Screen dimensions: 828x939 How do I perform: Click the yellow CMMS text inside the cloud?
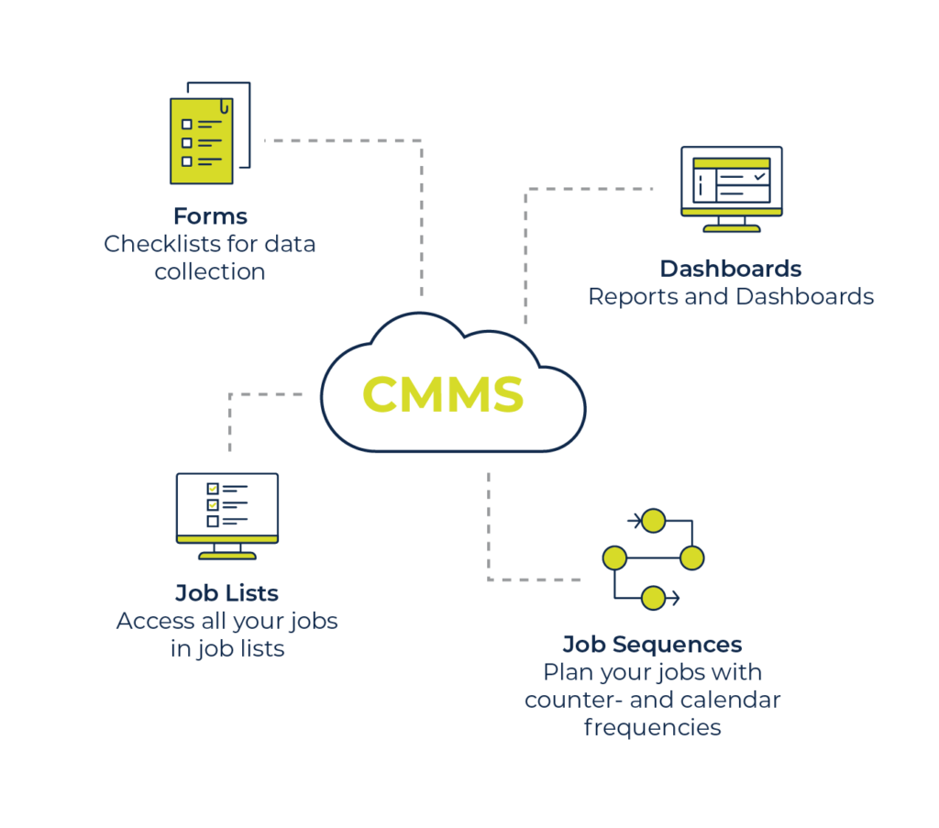[x=443, y=395]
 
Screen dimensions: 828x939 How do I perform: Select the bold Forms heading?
[x=210, y=216]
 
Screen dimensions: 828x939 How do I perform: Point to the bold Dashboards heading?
[x=731, y=269]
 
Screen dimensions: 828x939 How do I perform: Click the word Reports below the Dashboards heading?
[x=627, y=297]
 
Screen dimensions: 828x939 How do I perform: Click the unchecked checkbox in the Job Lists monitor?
[x=213, y=521]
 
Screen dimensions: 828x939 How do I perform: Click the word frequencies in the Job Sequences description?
[x=652, y=728]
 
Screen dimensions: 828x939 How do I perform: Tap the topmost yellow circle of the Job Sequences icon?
[x=653, y=521]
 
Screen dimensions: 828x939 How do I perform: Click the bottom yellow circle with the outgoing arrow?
[x=653, y=598]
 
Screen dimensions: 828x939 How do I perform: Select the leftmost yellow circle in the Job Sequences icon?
[x=614, y=558]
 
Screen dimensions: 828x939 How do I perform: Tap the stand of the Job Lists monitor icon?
[x=226, y=554]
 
